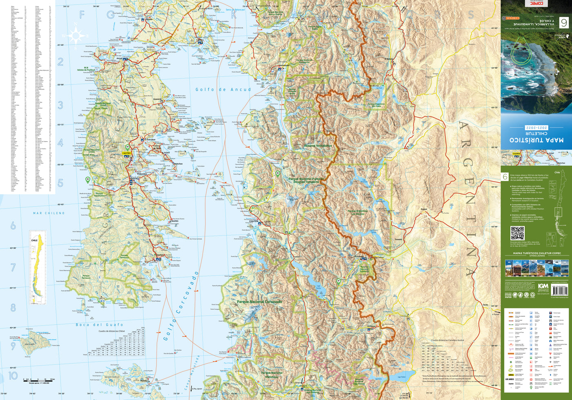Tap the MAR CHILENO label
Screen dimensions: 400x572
(49, 213)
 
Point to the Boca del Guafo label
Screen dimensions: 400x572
(94, 325)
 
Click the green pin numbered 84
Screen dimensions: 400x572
(127, 147)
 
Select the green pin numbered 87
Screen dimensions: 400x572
(338, 281)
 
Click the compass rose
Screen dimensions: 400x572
(76, 36)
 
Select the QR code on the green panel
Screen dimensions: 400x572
(517, 233)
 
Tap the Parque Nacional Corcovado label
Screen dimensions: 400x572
(259, 302)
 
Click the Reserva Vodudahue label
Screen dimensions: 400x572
(318, 146)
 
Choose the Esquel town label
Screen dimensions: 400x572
(424, 209)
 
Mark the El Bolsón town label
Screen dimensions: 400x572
(389, 59)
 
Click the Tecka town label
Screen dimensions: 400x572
(485, 305)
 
